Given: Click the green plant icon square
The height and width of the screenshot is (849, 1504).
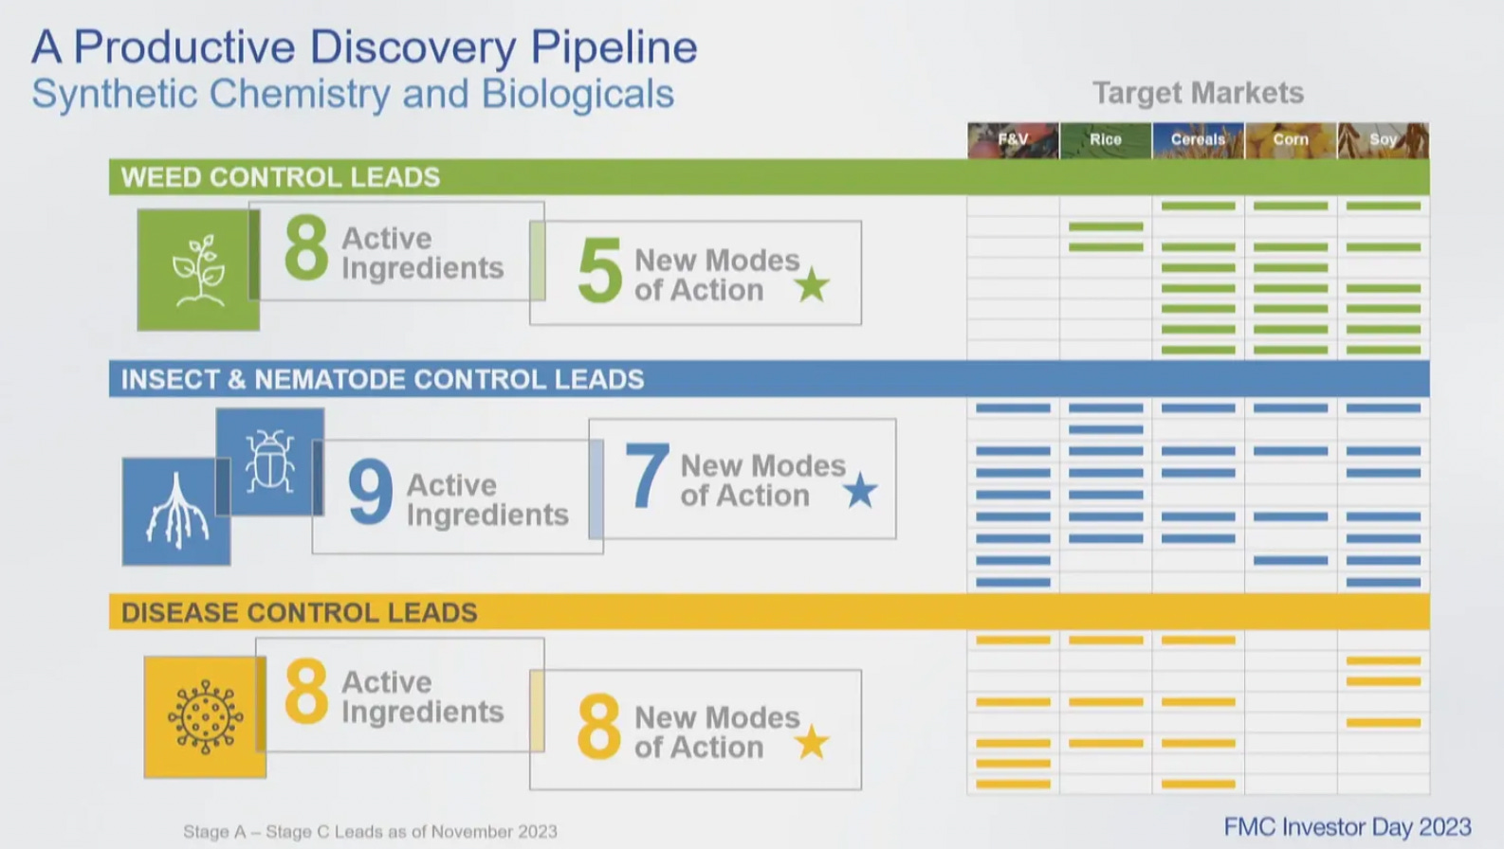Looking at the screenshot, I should coord(198,270).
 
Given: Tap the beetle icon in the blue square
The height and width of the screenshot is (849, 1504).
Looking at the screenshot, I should coord(270,462).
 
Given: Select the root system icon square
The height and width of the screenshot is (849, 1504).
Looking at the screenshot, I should coord(176,512).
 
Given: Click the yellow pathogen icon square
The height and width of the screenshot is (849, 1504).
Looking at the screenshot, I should coord(205,717).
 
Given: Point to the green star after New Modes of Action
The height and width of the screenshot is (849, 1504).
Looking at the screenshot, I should coord(812,284).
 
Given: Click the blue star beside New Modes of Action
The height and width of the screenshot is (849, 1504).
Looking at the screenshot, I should coord(860,491).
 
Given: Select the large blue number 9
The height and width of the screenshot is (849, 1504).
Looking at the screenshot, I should coord(370,492).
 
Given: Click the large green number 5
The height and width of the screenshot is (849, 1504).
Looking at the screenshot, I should coord(599,271).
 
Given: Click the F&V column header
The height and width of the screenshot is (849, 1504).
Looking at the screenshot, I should coord(1013,139).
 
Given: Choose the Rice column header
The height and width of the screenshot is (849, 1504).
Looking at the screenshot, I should coord(1106,139).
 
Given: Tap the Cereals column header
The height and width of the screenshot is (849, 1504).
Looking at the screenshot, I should coord(1198,139).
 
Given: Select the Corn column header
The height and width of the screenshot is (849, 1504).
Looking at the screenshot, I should coord(1291,139).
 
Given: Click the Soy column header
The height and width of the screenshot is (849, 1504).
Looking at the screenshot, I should coord(1383,139).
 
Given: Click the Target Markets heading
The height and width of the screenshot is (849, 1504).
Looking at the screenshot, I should coord(1198,93).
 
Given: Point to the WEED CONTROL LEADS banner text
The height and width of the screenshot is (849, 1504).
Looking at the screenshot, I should coord(281,177).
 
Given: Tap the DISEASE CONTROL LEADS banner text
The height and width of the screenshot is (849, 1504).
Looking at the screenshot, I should coord(299,612).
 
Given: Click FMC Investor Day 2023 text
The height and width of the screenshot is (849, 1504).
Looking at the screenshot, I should coord(1347,826).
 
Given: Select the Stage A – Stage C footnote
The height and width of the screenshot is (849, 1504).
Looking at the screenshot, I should coord(370,831).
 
